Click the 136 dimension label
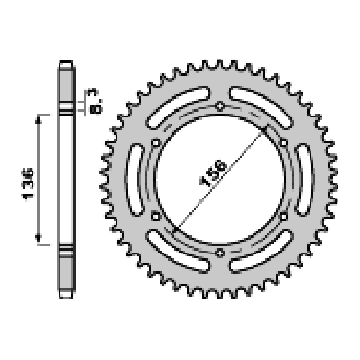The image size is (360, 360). tap(28, 184)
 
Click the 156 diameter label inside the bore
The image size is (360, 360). tap(213, 173)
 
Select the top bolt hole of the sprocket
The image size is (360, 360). tap(220, 106)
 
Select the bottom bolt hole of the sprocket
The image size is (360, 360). tap(220, 253)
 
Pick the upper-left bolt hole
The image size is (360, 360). tap(156, 143)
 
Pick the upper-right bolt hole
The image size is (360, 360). tap(284, 143)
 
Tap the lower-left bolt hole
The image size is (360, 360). tap(156, 217)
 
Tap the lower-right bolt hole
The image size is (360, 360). tap(284, 217)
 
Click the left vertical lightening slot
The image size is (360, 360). tap(135, 179)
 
